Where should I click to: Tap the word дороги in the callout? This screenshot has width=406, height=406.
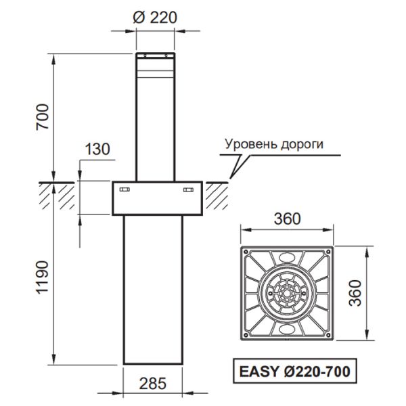[x=304, y=144]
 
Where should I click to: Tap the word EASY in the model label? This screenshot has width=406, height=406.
[x=256, y=371]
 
